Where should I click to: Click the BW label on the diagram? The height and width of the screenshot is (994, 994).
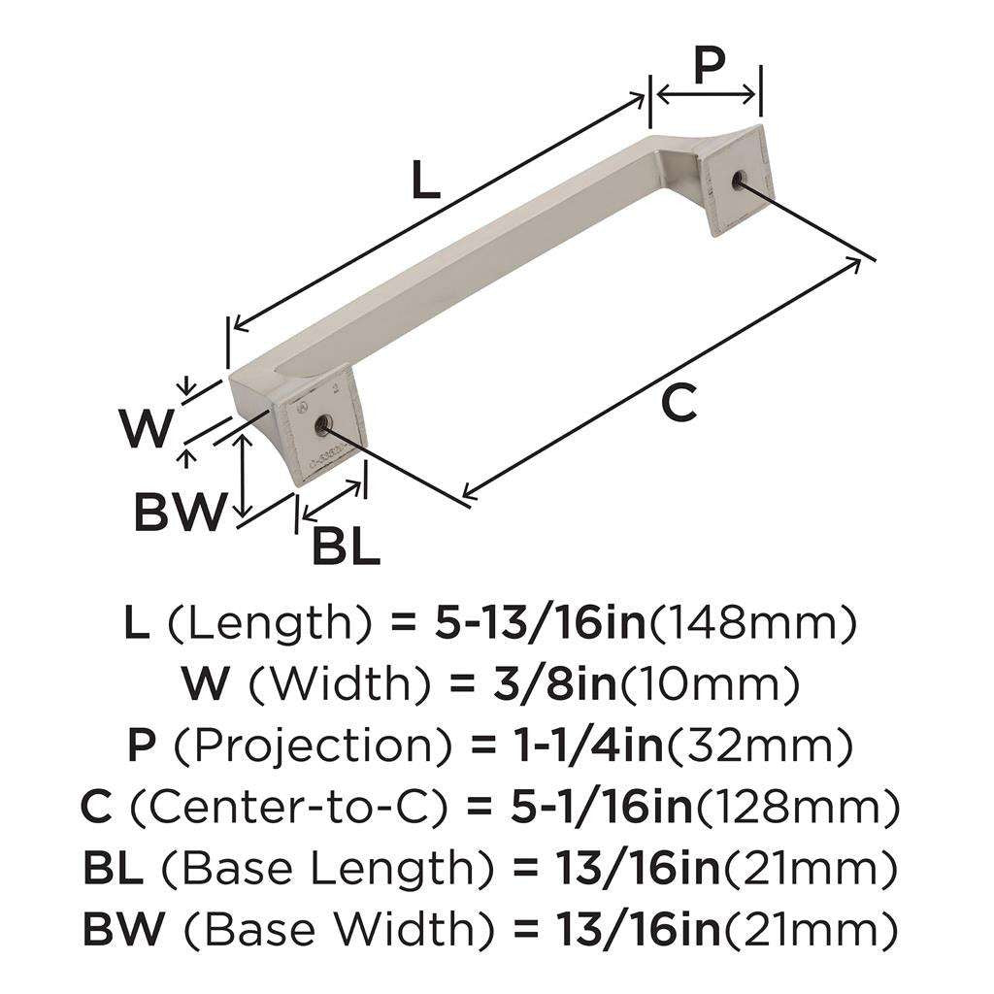tap(181, 512)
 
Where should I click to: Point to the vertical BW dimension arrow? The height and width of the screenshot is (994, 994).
tap(246, 476)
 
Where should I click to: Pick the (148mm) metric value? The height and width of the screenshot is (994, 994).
tap(752, 623)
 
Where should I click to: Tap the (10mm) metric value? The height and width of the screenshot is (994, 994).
tap(710, 685)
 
